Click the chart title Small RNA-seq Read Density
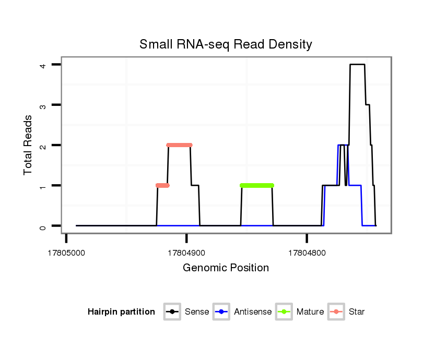[226, 44]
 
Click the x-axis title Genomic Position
[226, 268]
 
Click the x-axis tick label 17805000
[66, 252]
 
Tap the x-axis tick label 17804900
[186, 252]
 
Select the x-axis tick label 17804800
[307, 252]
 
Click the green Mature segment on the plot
[257, 185]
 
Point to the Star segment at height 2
[179, 145]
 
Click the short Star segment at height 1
[162, 185]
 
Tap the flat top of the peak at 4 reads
[357, 64]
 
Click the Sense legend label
[197, 312]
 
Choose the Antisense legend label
[253, 312]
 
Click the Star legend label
[357, 312]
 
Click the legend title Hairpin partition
[121, 312]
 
